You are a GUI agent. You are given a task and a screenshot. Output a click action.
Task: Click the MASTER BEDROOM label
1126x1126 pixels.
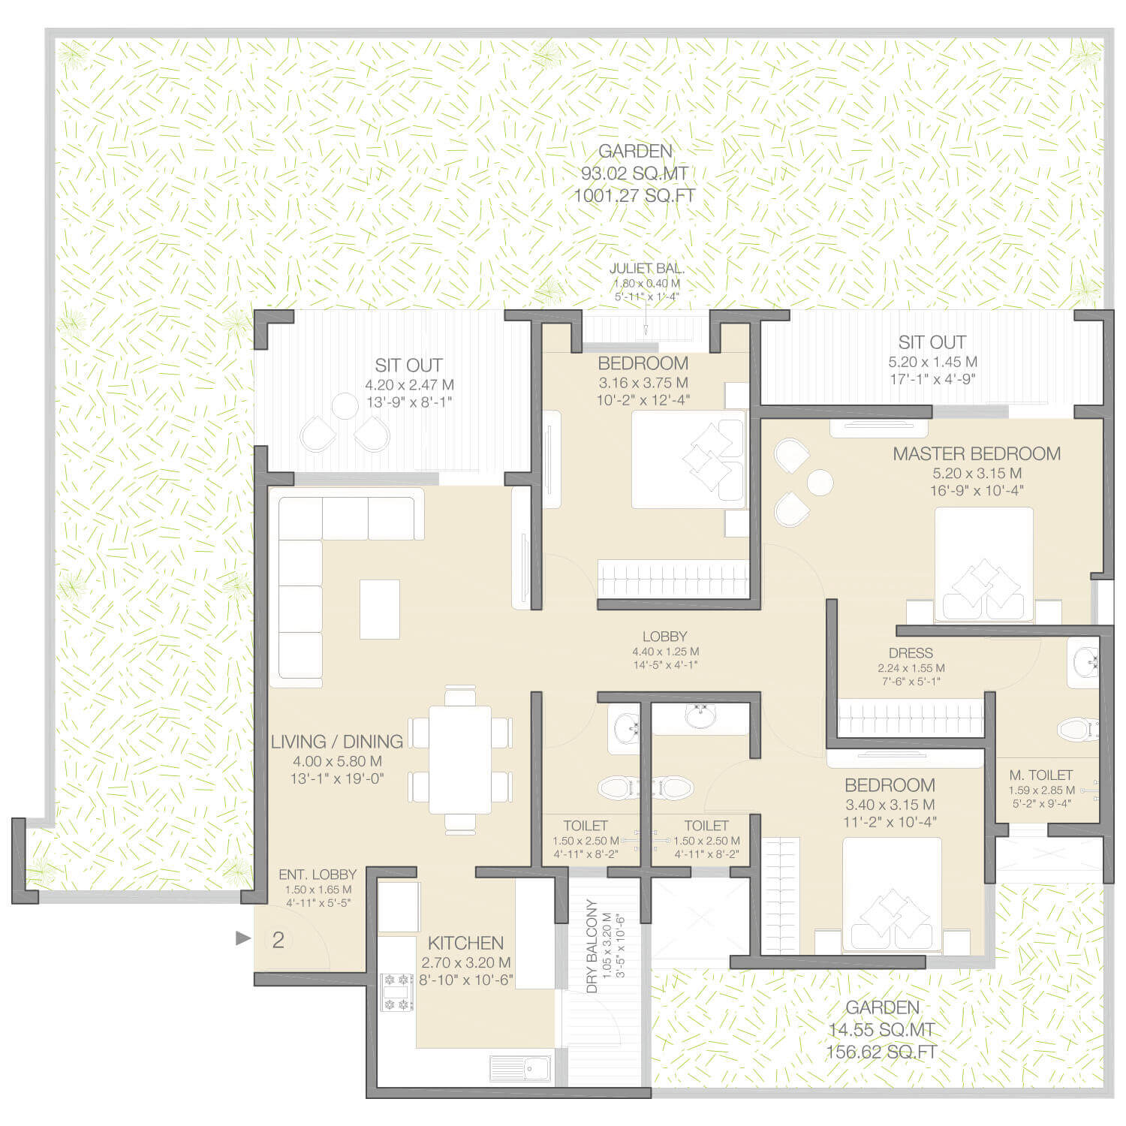(977, 453)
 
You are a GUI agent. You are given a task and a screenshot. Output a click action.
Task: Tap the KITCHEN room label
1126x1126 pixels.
(465, 943)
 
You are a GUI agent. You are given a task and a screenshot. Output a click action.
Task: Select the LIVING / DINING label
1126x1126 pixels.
(337, 742)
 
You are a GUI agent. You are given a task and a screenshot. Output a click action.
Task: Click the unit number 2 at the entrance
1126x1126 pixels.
(278, 940)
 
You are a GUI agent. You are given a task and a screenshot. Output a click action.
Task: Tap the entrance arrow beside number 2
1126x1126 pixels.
(242, 938)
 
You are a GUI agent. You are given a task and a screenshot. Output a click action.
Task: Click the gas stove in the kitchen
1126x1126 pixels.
(396, 992)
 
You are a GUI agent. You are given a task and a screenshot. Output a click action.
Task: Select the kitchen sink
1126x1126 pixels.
(520, 1067)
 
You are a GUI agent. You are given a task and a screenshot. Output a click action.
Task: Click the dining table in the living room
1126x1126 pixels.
(460, 759)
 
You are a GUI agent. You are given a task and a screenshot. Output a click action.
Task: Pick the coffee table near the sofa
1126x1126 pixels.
(379, 609)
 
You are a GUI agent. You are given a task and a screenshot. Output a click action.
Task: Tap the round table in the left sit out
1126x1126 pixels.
(345, 406)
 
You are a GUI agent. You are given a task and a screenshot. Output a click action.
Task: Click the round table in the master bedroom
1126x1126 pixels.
(820, 483)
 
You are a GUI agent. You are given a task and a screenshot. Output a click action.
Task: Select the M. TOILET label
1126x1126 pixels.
(1040, 775)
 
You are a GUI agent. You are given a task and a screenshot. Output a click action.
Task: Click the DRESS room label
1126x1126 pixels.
(911, 653)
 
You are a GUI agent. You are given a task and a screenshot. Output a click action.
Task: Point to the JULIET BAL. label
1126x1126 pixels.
(646, 269)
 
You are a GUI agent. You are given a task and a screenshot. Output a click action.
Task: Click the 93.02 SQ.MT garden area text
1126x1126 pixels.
(634, 174)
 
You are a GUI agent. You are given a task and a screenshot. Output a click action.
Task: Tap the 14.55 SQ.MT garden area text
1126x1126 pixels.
(882, 1030)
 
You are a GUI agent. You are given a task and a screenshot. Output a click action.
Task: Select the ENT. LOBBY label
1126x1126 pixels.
(318, 875)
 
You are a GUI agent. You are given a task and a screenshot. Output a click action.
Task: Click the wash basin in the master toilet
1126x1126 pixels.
(1085, 662)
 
